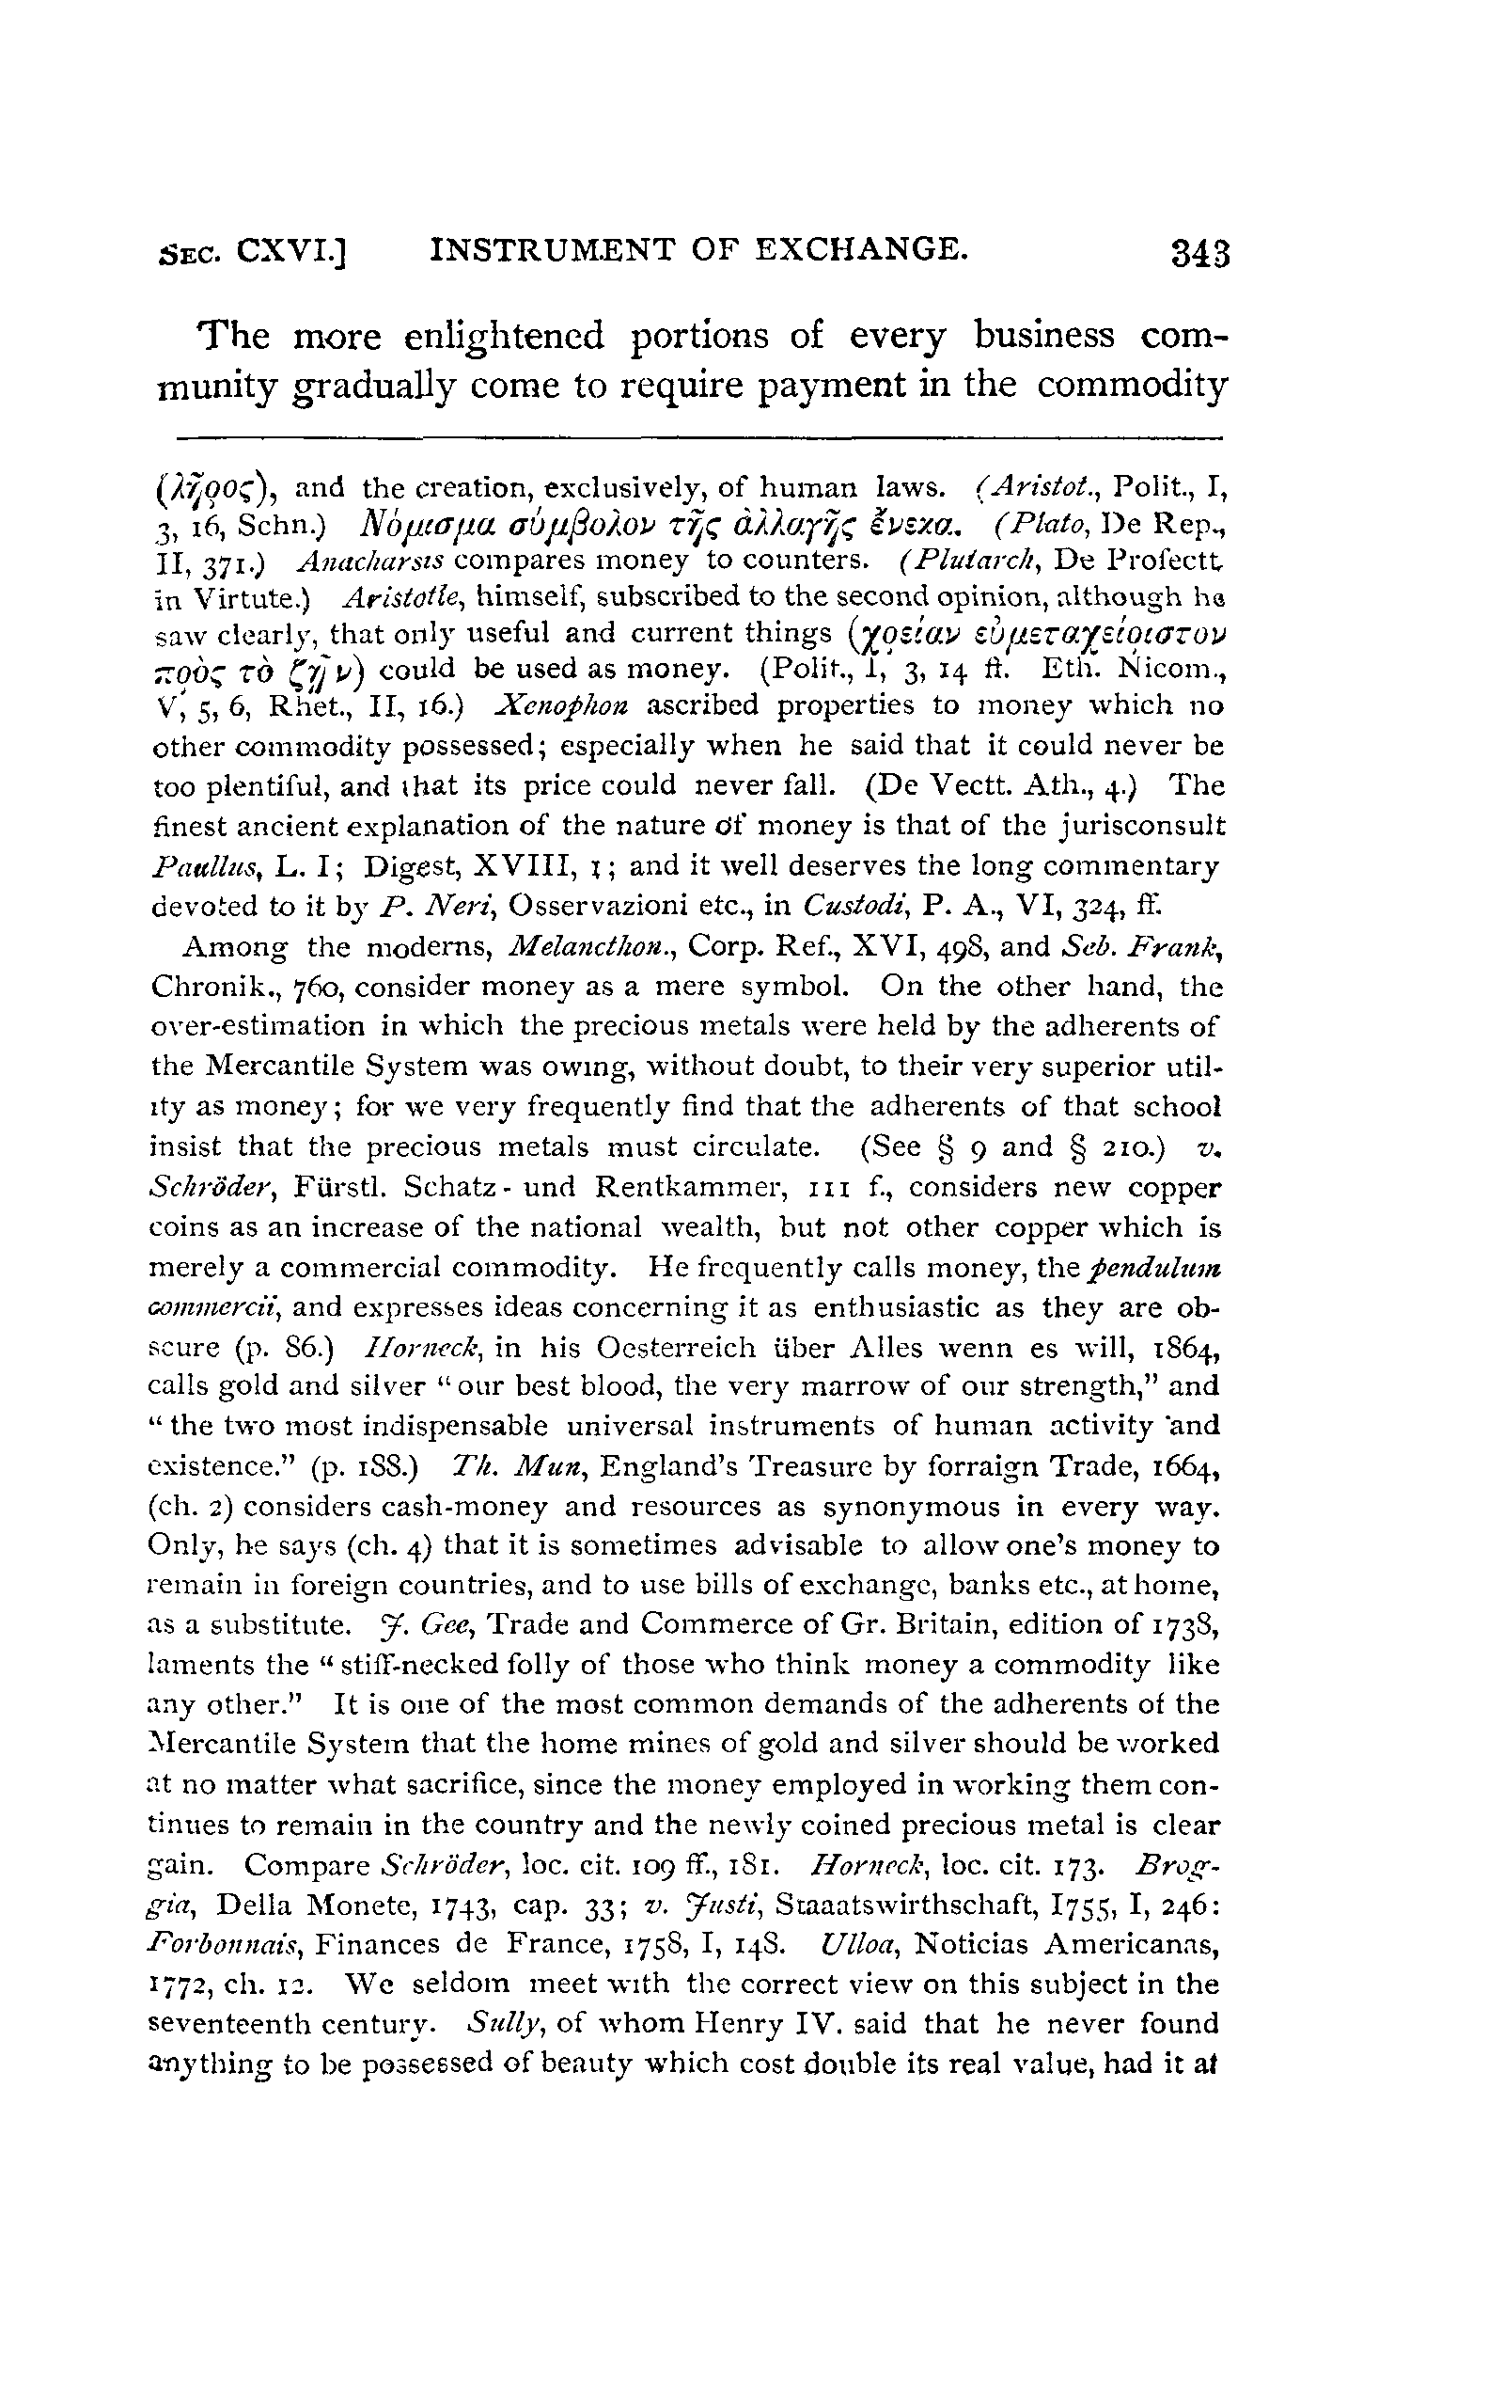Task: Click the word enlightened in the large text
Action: click(507, 339)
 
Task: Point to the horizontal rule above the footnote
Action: click(697, 436)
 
